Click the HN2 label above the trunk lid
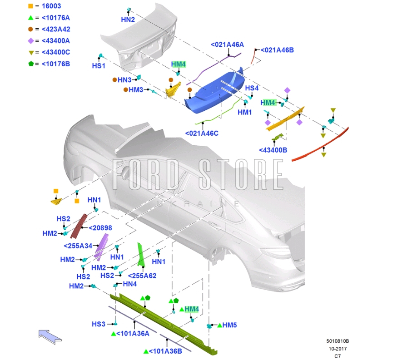pyautogui.click(x=128, y=20)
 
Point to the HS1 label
pyautogui.click(x=99, y=66)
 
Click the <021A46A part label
pyautogui.click(x=227, y=44)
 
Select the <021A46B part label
pyautogui.click(x=277, y=50)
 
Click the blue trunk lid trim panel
pyautogui.click(x=213, y=91)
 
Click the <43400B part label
pyautogui.click(x=273, y=150)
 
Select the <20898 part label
pyautogui.click(x=100, y=228)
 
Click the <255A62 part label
pyautogui.click(x=142, y=276)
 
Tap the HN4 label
pyautogui.click(x=130, y=284)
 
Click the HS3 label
pyautogui.click(x=99, y=324)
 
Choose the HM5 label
pyautogui.click(x=230, y=325)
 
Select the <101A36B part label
pyautogui.click(x=165, y=351)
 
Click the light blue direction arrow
pyautogui.click(x=50, y=336)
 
